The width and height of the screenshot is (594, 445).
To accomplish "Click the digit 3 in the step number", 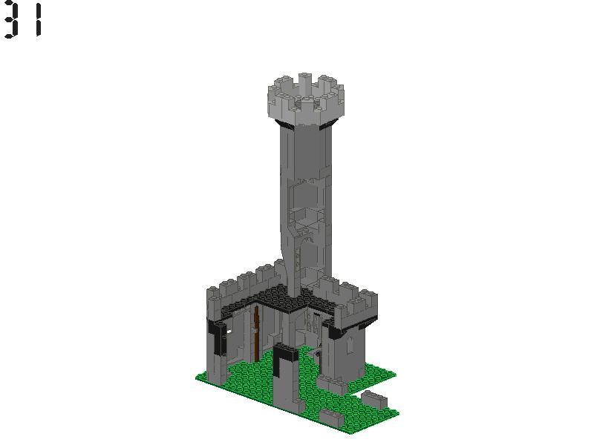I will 10,21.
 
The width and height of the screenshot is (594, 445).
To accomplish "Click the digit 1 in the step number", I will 37,21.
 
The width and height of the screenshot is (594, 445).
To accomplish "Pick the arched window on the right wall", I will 348,346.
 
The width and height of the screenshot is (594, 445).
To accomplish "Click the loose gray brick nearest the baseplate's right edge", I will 375,399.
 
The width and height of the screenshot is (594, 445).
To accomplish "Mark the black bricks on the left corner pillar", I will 218,334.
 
